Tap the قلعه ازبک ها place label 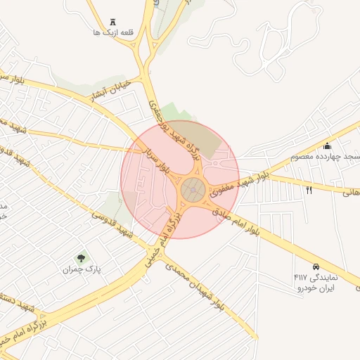[113, 32]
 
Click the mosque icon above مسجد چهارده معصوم [326, 146]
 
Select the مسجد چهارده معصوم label [330, 156]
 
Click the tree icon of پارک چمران [82, 259]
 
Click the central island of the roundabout [193, 189]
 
